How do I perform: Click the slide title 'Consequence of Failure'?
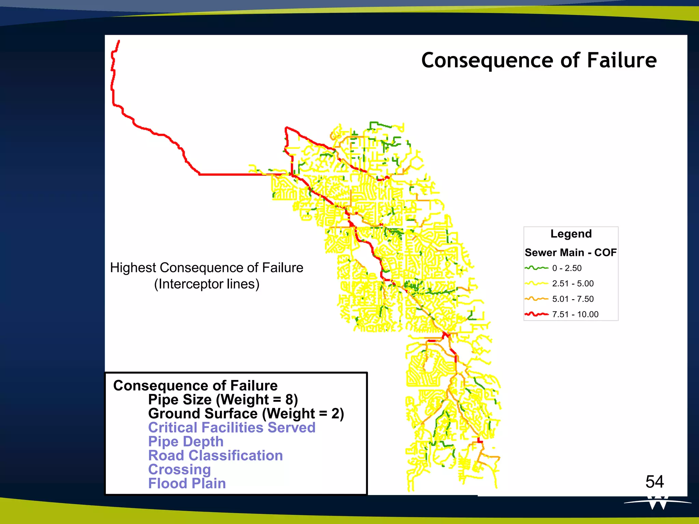click(539, 60)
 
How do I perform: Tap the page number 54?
click(654, 482)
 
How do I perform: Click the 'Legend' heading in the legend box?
click(571, 234)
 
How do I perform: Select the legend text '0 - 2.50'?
click(567, 268)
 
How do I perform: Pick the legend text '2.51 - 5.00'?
click(573, 283)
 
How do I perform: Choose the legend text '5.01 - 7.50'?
click(573, 299)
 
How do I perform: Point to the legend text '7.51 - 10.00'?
click(575, 314)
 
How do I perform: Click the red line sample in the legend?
click(536, 314)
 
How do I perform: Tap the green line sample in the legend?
click(536, 268)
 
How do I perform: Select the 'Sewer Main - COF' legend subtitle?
click(571, 252)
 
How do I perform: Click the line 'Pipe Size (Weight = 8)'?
click(223, 399)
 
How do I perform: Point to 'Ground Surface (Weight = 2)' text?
click(246, 413)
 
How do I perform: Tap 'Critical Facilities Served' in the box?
click(232, 427)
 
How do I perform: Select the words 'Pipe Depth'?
click(186, 441)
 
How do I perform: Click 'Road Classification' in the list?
click(215, 455)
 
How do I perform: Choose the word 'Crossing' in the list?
click(180, 469)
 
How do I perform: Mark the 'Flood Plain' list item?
click(187, 483)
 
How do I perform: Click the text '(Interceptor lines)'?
click(206, 284)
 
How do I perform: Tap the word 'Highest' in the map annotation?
click(133, 268)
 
